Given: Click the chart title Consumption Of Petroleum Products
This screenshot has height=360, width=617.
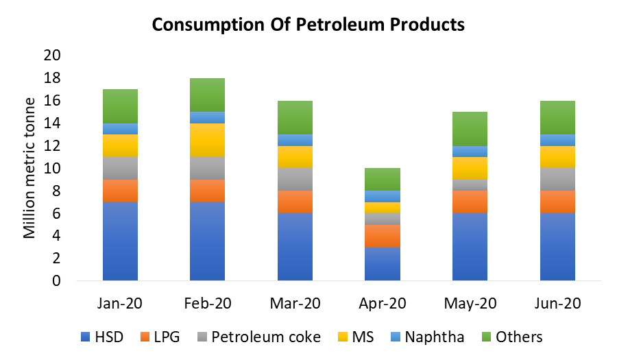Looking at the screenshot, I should point(308,25).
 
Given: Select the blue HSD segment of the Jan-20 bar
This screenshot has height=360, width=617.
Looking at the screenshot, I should point(120,241).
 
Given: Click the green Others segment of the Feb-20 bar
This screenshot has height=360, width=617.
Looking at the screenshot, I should point(208,95).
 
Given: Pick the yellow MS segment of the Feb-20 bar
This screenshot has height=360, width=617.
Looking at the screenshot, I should point(208,141).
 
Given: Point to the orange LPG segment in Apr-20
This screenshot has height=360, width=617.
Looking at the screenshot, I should point(383,236).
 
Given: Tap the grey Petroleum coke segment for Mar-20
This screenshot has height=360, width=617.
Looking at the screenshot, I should point(295,180).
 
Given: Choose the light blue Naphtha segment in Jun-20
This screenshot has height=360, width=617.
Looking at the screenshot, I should point(557,140).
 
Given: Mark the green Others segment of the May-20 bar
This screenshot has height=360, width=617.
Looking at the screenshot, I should point(470,129).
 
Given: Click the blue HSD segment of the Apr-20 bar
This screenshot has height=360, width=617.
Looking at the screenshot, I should point(383,264).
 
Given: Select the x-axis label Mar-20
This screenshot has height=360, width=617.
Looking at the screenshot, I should point(295,302).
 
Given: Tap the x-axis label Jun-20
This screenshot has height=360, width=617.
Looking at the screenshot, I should point(557,302).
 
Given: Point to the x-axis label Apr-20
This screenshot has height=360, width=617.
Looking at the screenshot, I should point(383,302).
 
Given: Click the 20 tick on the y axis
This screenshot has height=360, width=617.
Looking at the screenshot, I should point(53,56).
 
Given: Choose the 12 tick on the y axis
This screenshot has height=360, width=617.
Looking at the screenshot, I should point(53,146).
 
